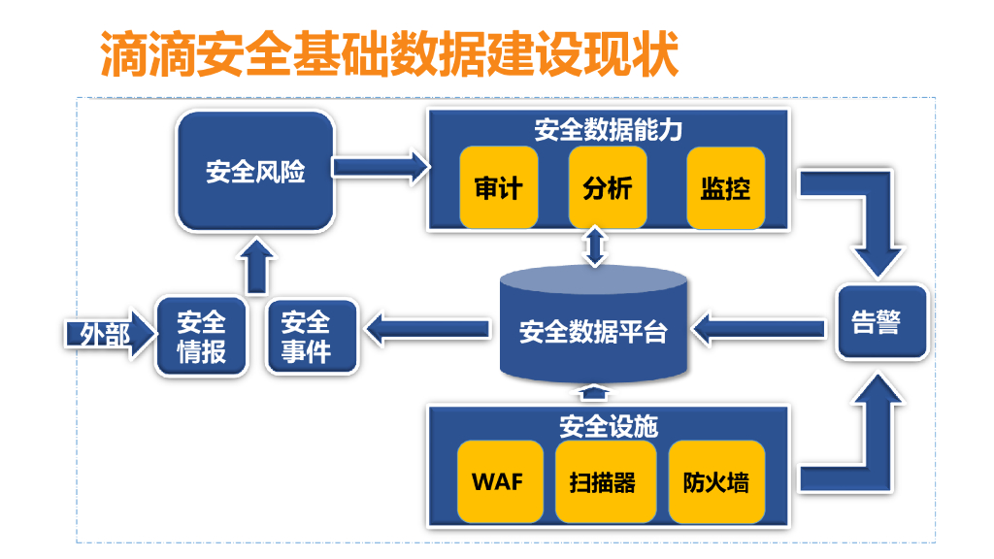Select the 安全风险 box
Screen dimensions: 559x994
(x=255, y=172)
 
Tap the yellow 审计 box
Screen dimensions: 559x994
(x=499, y=188)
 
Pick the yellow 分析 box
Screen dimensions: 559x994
(x=608, y=188)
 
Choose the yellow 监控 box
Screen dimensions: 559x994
(x=725, y=188)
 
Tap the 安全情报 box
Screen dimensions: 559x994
(x=201, y=337)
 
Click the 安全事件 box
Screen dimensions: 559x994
(x=306, y=337)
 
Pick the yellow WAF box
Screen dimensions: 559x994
(x=497, y=481)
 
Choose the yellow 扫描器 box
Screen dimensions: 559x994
(x=602, y=481)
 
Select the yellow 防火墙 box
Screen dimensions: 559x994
(x=715, y=481)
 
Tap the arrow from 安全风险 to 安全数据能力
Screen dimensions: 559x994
(x=381, y=166)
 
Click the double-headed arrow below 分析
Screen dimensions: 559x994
(x=595, y=247)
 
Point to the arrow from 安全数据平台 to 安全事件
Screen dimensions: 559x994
(x=427, y=331)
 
